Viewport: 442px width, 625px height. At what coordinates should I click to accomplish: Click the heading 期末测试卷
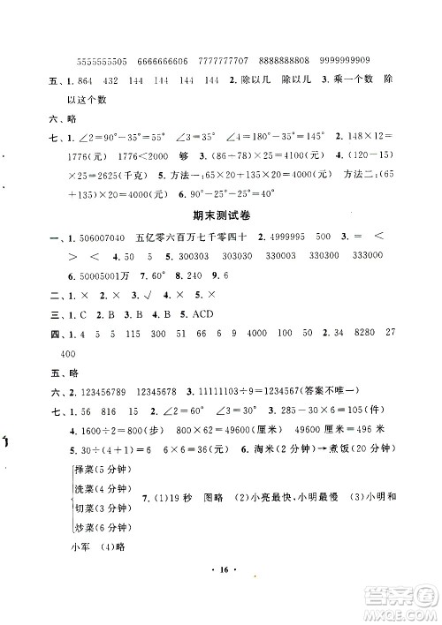221,217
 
